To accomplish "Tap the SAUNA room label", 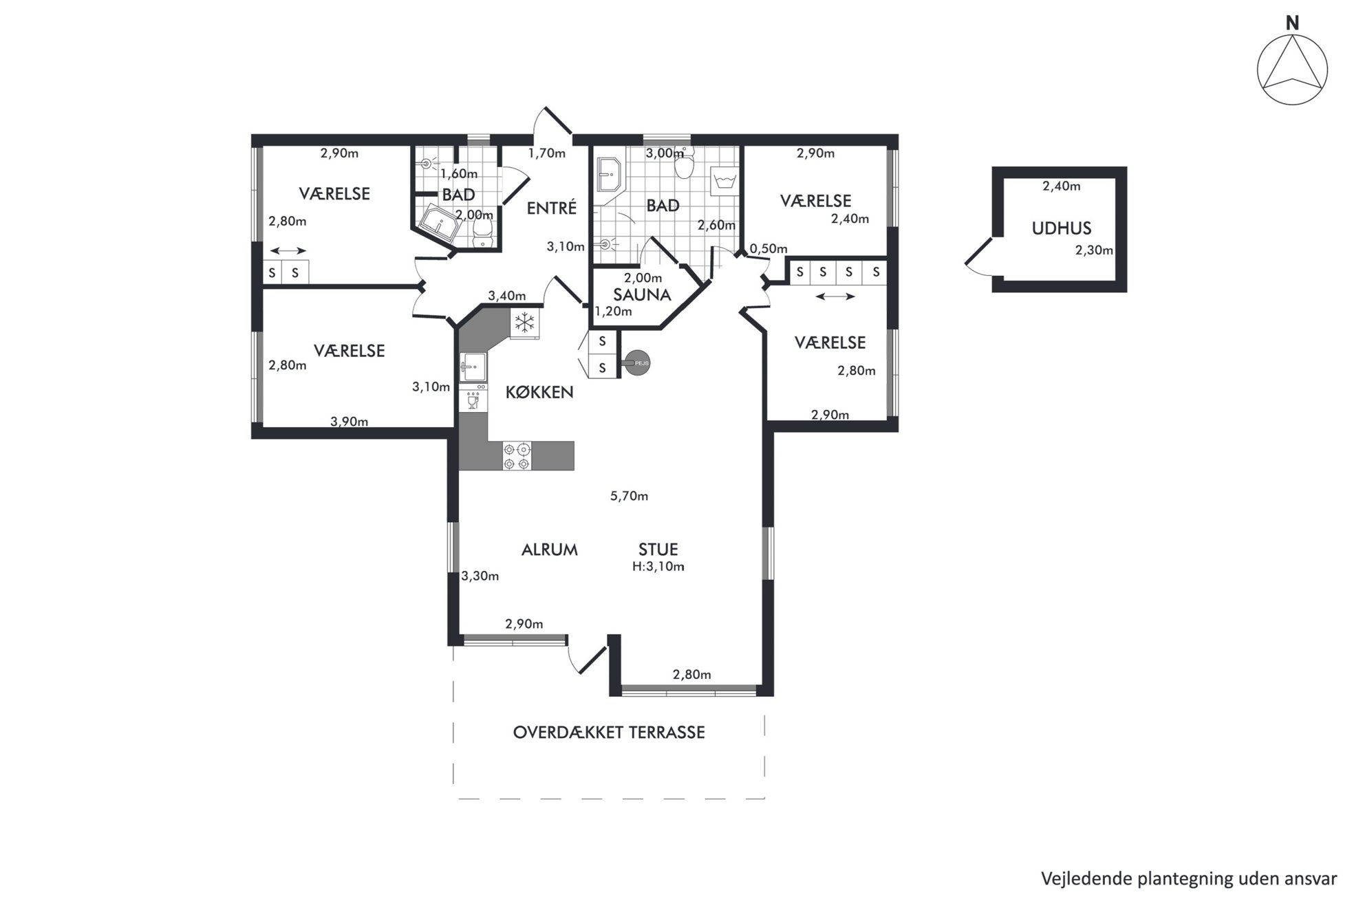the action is [x=642, y=295].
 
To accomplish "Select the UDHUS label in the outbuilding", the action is [x=1062, y=228].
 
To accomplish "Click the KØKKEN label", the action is [x=539, y=393].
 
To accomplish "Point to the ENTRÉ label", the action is [x=551, y=208].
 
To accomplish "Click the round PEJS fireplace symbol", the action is [x=638, y=363].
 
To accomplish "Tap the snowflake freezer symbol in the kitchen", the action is [x=524, y=323].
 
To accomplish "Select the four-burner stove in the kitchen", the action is [x=517, y=456].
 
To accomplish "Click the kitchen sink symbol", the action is [x=473, y=367].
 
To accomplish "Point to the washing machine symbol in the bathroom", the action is [x=723, y=181].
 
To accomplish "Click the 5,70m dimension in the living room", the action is [x=629, y=496].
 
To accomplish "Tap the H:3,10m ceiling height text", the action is [x=658, y=567].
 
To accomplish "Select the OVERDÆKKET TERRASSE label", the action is [x=609, y=733].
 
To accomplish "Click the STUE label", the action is [x=658, y=550].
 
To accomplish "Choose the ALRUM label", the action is [x=549, y=550].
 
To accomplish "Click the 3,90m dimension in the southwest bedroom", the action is [x=349, y=422].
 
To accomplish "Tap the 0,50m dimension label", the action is [x=769, y=249].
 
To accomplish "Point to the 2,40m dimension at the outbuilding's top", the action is [x=1061, y=186].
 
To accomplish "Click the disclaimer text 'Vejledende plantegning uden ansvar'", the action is [x=1189, y=879].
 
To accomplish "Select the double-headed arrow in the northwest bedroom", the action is [x=288, y=250].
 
